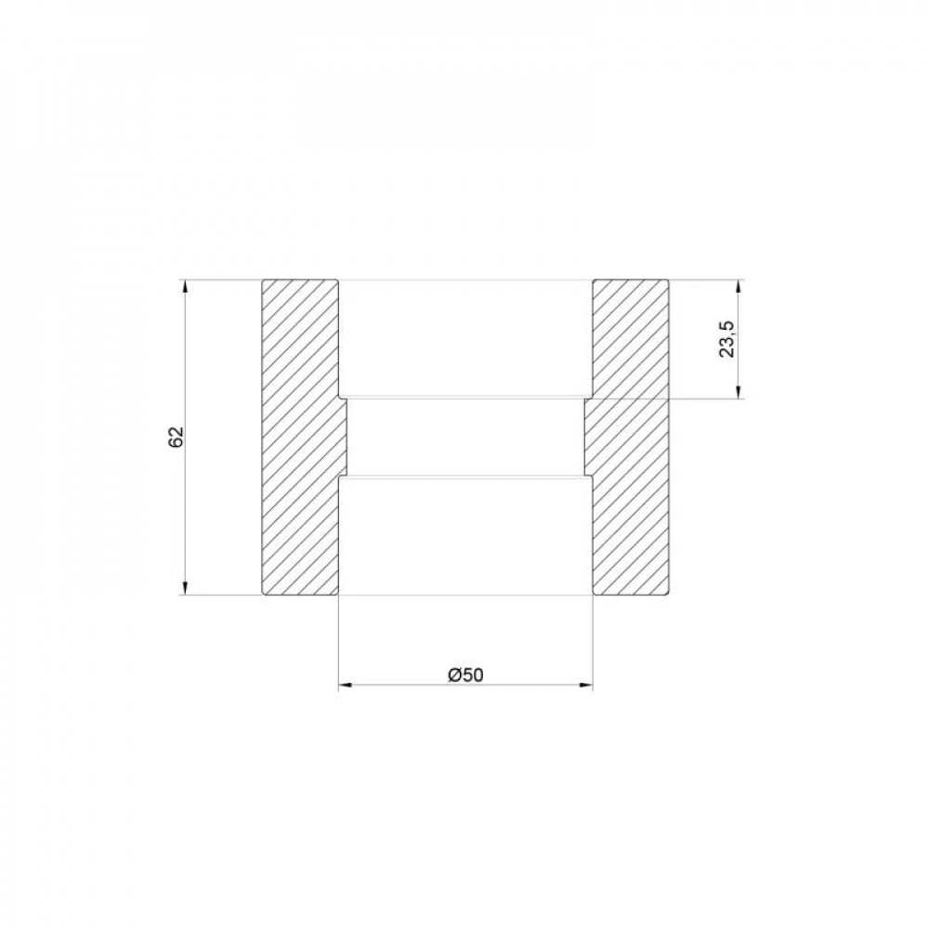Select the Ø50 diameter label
pyautogui.click(x=465, y=675)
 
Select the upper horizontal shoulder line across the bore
pyautogui.click(x=464, y=399)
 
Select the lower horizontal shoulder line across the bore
pyautogui.click(x=464, y=477)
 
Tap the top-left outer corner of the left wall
pyautogui.click(x=262, y=280)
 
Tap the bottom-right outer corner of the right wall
pyautogui.click(x=668, y=595)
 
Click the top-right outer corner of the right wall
pyautogui.click(x=668, y=280)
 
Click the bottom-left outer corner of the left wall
pyautogui.click(x=262, y=595)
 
